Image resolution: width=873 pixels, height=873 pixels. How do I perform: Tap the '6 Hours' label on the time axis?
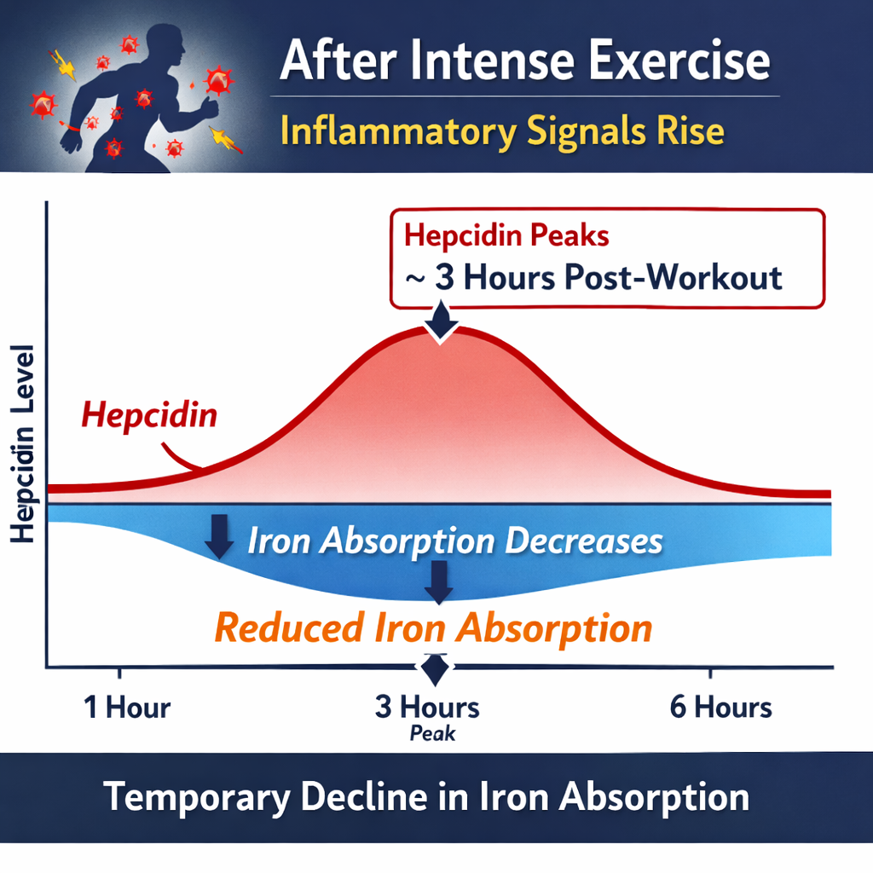coord(720,707)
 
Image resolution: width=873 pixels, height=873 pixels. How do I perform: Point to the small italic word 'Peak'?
coord(432,733)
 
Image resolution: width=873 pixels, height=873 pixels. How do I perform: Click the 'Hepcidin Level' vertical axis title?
coord(24,443)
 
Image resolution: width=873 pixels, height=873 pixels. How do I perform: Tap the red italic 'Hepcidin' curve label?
coord(149,417)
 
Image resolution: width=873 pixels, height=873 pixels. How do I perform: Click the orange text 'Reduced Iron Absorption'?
coord(433,628)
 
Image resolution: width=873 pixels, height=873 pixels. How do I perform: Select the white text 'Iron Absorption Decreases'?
coord(454,542)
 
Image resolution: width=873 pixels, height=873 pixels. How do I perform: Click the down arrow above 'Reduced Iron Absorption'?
coord(440,581)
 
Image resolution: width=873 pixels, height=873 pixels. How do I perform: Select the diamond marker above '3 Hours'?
coord(435,669)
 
